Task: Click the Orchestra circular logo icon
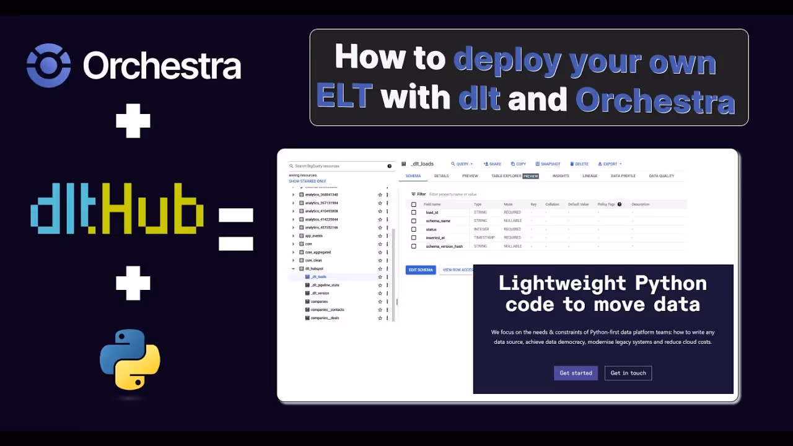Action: (x=48, y=65)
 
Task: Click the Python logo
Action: (x=130, y=359)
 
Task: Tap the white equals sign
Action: (x=236, y=229)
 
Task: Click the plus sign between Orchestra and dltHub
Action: (x=133, y=120)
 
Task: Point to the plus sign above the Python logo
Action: (x=133, y=283)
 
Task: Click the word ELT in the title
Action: (x=344, y=97)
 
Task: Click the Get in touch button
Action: (x=628, y=373)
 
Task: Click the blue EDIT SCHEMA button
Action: (x=421, y=270)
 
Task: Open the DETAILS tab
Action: (x=441, y=176)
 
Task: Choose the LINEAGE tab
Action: (x=590, y=176)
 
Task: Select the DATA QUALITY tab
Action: (x=661, y=176)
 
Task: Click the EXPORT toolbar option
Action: (x=610, y=164)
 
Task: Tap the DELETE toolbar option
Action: (x=579, y=164)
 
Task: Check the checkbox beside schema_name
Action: (x=414, y=221)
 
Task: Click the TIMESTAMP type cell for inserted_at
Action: (x=484, y=238)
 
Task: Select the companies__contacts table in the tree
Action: (x=327, y=310)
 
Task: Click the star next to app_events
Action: (x=380, y=236)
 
